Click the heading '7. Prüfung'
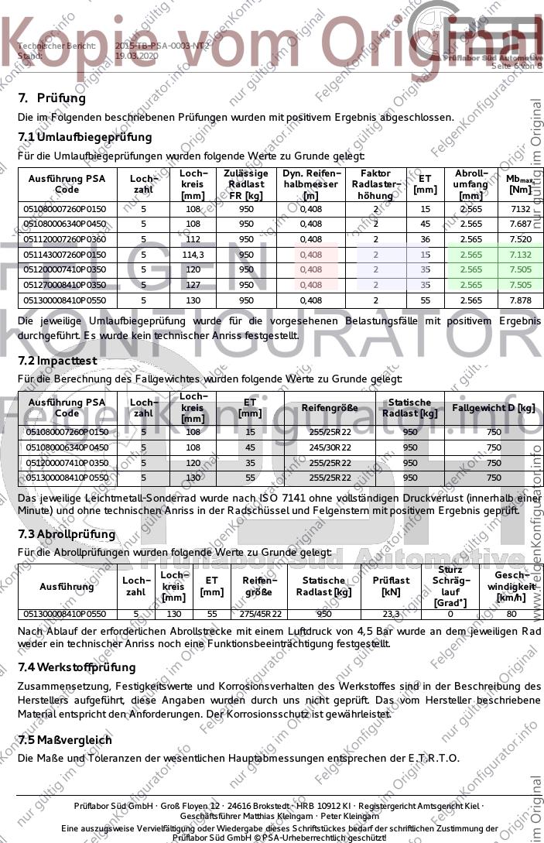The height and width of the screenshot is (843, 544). pos(52,98)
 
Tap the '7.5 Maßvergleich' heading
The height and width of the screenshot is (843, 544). pos(65,740)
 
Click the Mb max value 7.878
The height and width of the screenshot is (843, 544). pos(521,300)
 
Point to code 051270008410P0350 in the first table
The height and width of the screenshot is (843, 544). pos(67,285)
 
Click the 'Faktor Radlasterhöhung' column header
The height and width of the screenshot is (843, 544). pos(375,184)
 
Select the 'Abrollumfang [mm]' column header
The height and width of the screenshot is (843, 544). pos(470,184)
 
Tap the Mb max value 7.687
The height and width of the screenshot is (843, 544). pos(521,224)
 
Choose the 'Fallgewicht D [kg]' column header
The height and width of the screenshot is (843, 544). pos(494,407)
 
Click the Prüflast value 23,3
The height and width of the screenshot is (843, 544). pos(391,614)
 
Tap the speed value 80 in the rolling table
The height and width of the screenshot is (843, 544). pos(511,614)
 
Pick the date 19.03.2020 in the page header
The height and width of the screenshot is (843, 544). pos(136,57)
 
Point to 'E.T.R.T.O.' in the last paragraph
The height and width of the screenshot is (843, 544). pos(433,758)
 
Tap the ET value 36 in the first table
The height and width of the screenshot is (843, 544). pos(425,239)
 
